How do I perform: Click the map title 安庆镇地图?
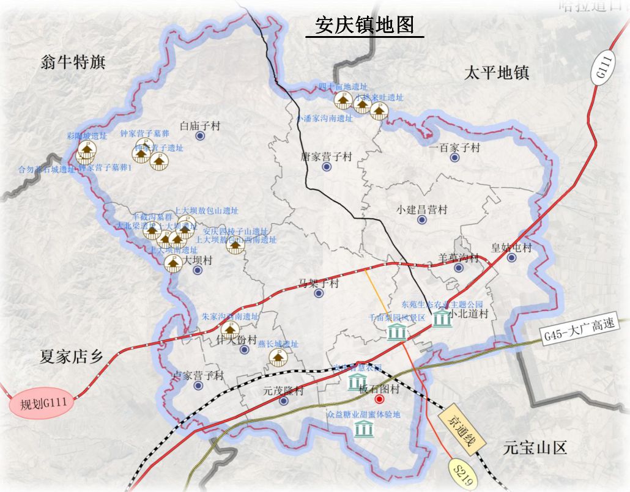[365, 25]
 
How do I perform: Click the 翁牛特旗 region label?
[72, 62]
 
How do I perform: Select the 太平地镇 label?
[496, 73]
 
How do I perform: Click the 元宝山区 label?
[535, 448]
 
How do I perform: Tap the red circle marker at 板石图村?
[379, 400]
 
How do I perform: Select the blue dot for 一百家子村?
[454, 158]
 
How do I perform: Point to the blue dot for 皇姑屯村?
[511, 258]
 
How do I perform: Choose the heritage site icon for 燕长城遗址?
[278, 358]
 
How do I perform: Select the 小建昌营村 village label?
[421, 210]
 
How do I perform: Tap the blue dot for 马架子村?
[319, 293]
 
